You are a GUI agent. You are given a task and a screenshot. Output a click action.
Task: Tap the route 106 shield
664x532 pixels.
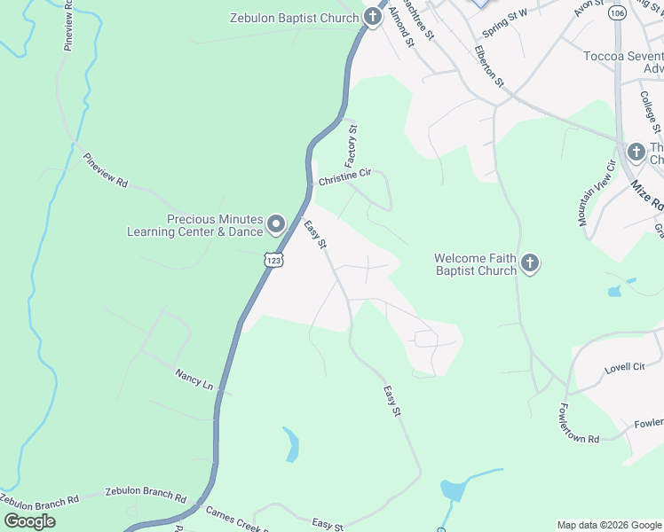[x=616, y=13]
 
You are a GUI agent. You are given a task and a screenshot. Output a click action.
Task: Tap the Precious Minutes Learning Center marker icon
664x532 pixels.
[x=276, y=224]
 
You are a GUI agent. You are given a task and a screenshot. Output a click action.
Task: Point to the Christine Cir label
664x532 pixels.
[x=344, y=176]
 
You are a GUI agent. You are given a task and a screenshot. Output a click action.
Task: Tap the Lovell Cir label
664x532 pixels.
[x=624, y=366]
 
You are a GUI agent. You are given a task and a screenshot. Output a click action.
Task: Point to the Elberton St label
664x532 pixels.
[x=488, y=66]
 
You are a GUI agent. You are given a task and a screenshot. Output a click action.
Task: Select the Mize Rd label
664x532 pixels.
[x=647, y=195]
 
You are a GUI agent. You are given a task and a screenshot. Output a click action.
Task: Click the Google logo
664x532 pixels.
[x=29, y=520]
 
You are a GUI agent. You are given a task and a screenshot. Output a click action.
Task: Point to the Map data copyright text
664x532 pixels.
[x=607, y=525]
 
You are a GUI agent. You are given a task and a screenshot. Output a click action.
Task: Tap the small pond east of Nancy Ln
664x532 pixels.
[x=289, y=444]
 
